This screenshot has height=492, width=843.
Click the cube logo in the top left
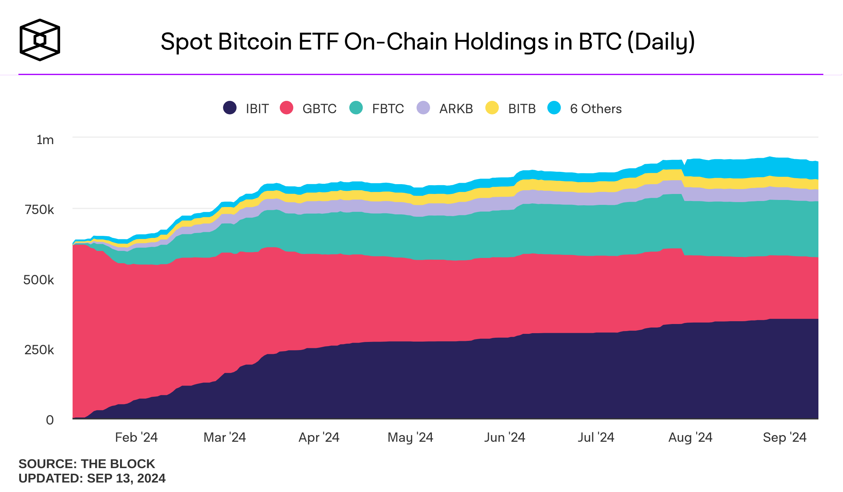coord(40,40)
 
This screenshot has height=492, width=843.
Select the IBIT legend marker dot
coord(230,108)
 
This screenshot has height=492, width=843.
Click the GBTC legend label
coord(320,109)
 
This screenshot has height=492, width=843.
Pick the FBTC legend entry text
coord(388,109)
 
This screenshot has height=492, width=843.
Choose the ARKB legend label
coord(456,109)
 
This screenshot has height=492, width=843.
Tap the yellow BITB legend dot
coord(492,108)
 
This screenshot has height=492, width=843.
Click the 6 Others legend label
coord(596,109)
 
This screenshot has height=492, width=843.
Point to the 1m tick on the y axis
coord(45,140)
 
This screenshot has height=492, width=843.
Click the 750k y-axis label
coord(39,210)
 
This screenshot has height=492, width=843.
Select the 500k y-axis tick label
coord(39,280)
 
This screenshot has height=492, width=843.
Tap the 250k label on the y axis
coord(39,350)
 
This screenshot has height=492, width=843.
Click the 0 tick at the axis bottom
coord(50,420)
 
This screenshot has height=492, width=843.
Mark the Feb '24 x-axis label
coord(136,438)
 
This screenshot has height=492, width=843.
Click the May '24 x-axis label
coord(410,438)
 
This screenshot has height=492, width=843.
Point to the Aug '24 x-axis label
coord(690,438)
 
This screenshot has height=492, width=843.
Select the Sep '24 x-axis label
coord(785,438)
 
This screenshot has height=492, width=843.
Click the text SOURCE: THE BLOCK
coord(87,464)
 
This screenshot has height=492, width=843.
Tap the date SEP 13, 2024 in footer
coord(126,478)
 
